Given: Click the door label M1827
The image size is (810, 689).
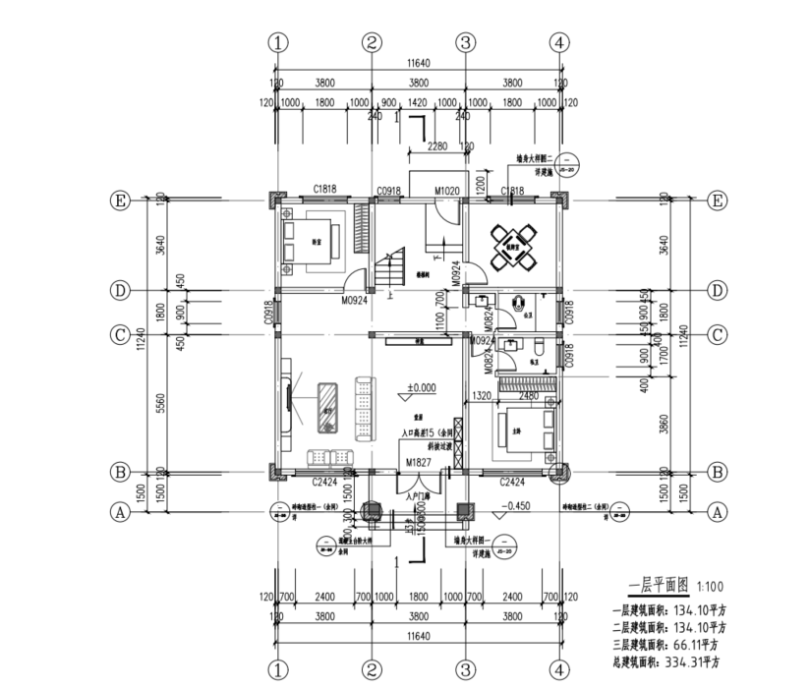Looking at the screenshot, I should [417, 461].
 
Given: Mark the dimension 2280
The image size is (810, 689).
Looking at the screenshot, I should [437, 147].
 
